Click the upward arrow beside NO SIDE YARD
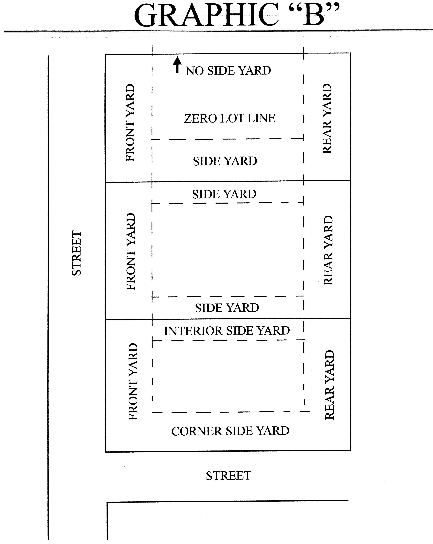pos(178,65)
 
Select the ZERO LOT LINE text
pos(230,118)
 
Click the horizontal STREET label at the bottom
pos(228,476)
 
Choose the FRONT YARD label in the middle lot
pos(131,252)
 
